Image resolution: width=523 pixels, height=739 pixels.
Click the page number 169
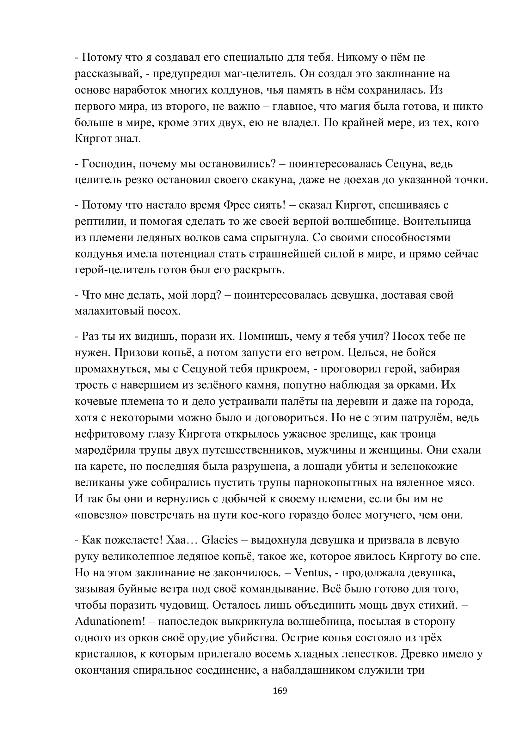coord(280,690)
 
